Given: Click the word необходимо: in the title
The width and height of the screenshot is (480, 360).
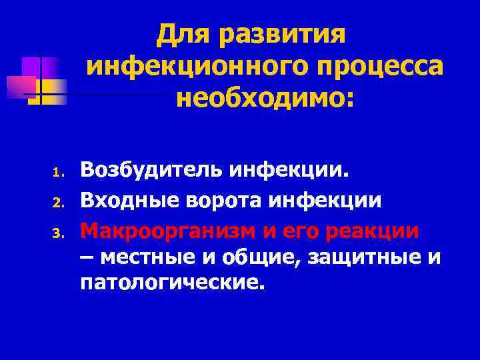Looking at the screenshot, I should point(265,99).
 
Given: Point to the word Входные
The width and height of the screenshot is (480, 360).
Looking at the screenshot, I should point(125,201).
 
